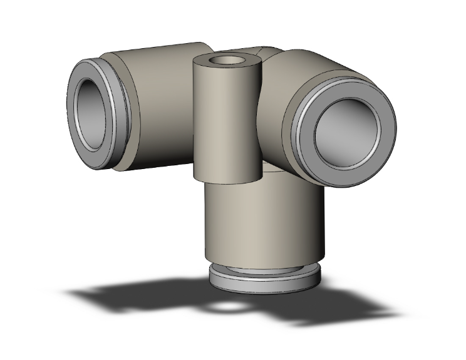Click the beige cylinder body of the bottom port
tap(263, 219)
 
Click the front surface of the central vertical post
tap(225, 125)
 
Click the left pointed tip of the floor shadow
tap(69, 291)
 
